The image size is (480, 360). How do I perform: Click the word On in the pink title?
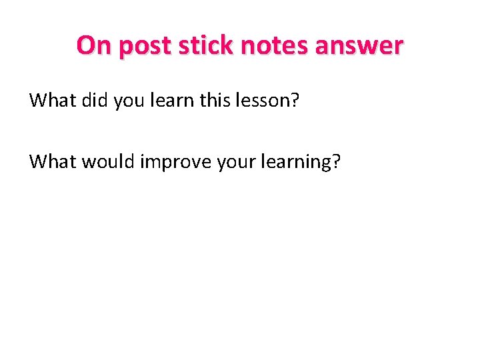click(91, 45)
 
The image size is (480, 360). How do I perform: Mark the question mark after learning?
click(336, 161)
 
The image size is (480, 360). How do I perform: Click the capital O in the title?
click(85, 45)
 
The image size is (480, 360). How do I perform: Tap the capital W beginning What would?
click(39, 161)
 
